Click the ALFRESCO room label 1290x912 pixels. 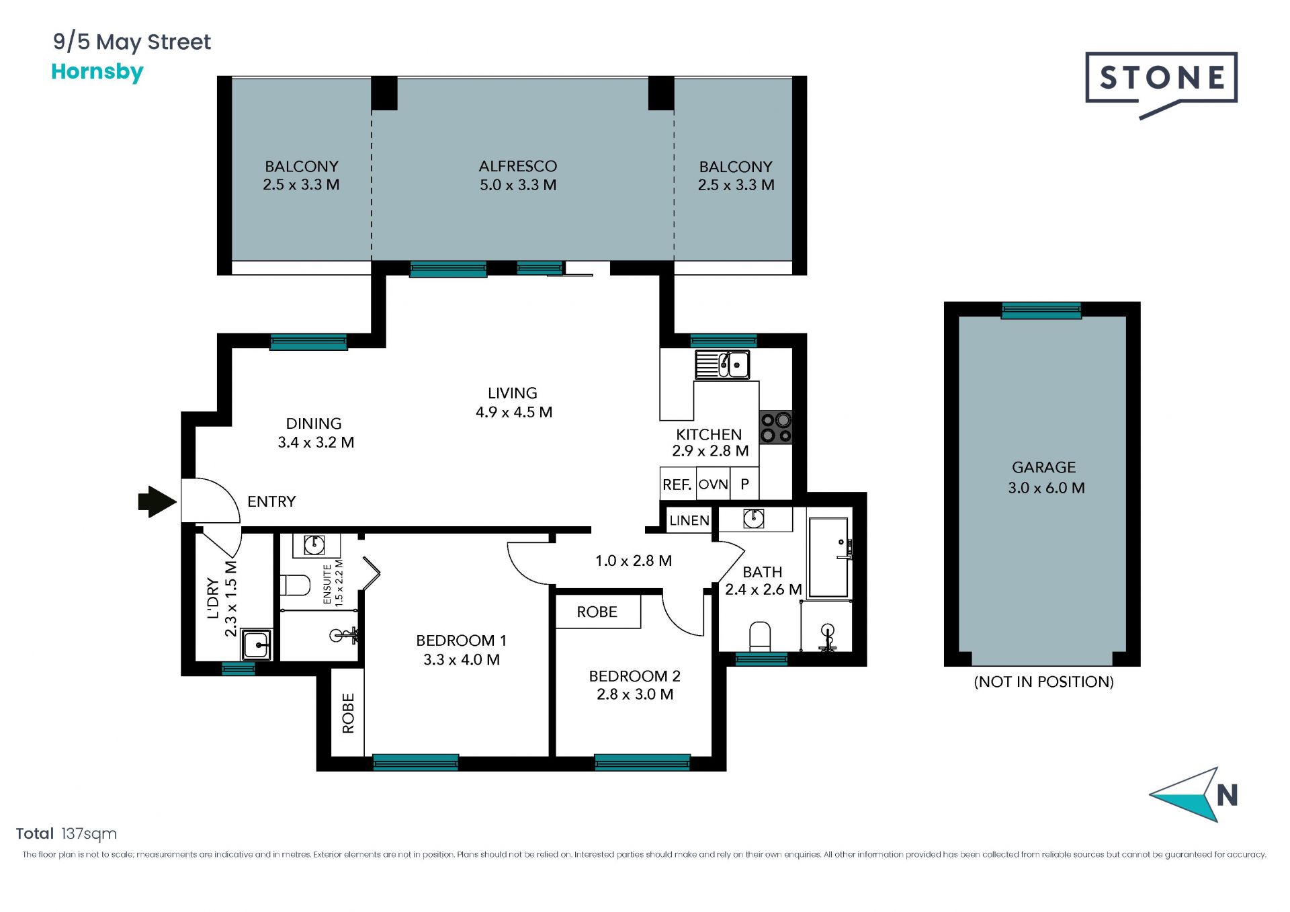pyautogui.click(x=518, y=166)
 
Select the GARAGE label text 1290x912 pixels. pyautogui.click(x=1043, y=467)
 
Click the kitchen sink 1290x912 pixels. pyautogui.click(x=723, y=365)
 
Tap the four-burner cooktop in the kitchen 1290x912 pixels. pyautogui.click(x=776, y=427)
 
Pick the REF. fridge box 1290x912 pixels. pyautogui.click(x=677, y=485)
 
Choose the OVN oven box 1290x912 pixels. pyautogui.click(x=714, y=485)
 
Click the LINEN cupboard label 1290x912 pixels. pyautogui.click(x=689, y=520)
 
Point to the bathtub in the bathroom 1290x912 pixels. pyautogui.click(x=828, y=557)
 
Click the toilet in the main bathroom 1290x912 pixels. pyautogui.click(x=760, y=636)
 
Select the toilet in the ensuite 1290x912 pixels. pyautogui.click(x=294, y=585)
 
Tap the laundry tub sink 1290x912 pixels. pyautogui.click(x=257, y=645)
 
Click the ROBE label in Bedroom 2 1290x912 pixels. pyautogui.click(x=597, y=612)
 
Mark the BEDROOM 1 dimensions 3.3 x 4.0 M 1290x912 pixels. pyautogui.click(x=462, y=660)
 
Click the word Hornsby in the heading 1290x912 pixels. pyautogui.click(x=97, y=72)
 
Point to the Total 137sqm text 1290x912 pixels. pyautogui.click(x=67, y=834)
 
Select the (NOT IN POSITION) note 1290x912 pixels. pyautogui.click(x=1043, y=681)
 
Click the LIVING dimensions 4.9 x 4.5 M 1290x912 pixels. pyautogui.click(x=514, y=412)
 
